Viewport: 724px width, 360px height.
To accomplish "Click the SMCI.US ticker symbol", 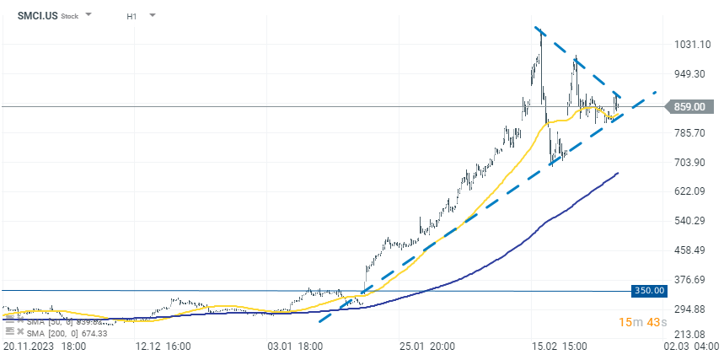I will click(x=37, y=15).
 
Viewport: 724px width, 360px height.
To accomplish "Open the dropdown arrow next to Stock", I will click(x=89, y=15).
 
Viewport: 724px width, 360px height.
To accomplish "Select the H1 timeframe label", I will click(x=132, y=16).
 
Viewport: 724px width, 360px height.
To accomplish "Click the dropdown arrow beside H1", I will click(x=152, y=15).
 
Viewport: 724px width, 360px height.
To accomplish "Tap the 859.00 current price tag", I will click(x=689, y=106).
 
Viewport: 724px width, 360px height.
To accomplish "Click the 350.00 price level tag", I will click(x=649, y=291).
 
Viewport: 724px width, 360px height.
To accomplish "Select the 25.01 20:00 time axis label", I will click(x=426, y=347).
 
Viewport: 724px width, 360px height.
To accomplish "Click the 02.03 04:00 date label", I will click(x=691, y=347).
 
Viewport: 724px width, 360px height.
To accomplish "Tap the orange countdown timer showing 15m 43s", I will click(x=643, y=323).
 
